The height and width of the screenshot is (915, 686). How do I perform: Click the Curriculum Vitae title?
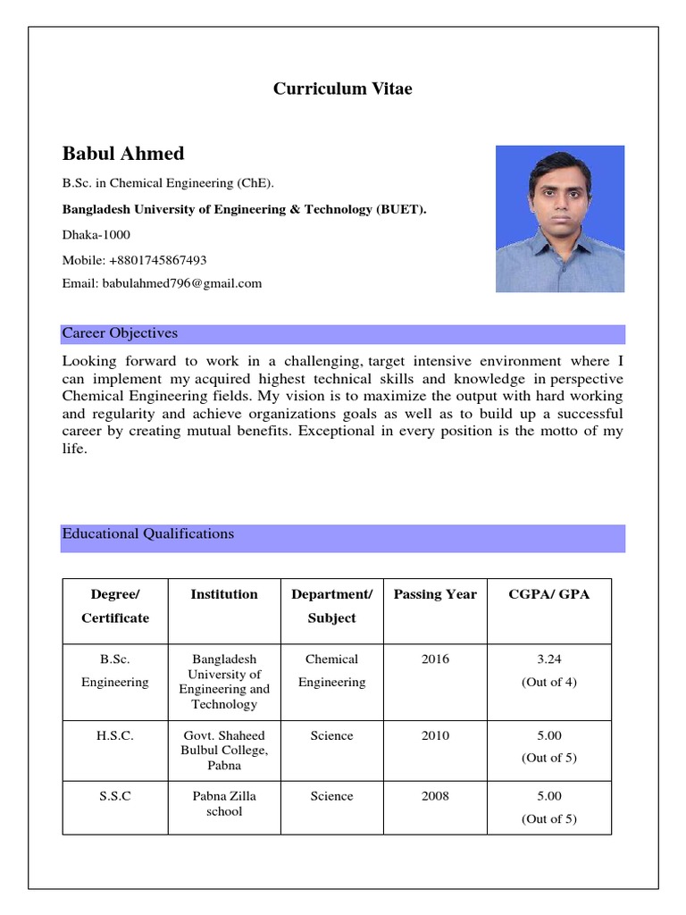click(342, 89)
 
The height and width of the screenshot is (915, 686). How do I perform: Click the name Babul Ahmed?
click(123, 154)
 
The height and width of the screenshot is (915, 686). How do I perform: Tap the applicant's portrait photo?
click(560, 219)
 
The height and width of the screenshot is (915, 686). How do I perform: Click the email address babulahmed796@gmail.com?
click(162, 283)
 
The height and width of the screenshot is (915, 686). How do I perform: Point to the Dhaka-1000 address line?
click(96, 235)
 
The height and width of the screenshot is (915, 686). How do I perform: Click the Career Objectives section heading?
click(120, 334)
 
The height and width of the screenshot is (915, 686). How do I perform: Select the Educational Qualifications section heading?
click(148, 534)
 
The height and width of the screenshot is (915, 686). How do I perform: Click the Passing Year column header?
click(435, 594)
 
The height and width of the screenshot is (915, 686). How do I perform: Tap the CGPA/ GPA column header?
click(548, 594)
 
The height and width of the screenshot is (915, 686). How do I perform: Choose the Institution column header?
click(224, 594)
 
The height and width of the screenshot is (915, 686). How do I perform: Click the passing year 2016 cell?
click(435, 659)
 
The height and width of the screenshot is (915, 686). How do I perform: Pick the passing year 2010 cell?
click(435, 736)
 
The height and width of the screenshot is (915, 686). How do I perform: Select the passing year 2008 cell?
click(435, 796)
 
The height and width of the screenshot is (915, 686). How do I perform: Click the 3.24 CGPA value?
click(548, 659)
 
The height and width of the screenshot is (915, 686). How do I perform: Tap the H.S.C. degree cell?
click(115, 736)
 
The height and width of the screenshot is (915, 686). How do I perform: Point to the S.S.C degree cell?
click(115, 796)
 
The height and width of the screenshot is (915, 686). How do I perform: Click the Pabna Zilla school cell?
click(224, 803)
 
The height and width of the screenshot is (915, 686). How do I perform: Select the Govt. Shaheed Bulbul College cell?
click(224, 751)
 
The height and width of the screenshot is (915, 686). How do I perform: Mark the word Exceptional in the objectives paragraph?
click(337, 432)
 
